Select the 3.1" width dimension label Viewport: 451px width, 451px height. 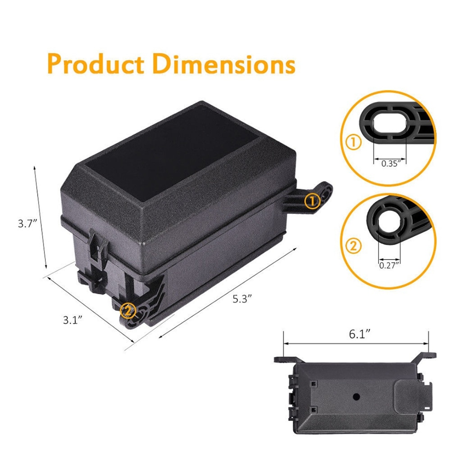point(72,320)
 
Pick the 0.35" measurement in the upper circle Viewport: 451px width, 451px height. point(390,164)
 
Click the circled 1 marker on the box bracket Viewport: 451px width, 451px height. point(312,200)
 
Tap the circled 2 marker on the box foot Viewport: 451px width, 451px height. point(128,310)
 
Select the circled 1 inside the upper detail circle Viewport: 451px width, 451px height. point(354,143)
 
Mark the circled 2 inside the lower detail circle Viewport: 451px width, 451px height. point(354,246)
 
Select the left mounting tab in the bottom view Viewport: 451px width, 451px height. point(286,360)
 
